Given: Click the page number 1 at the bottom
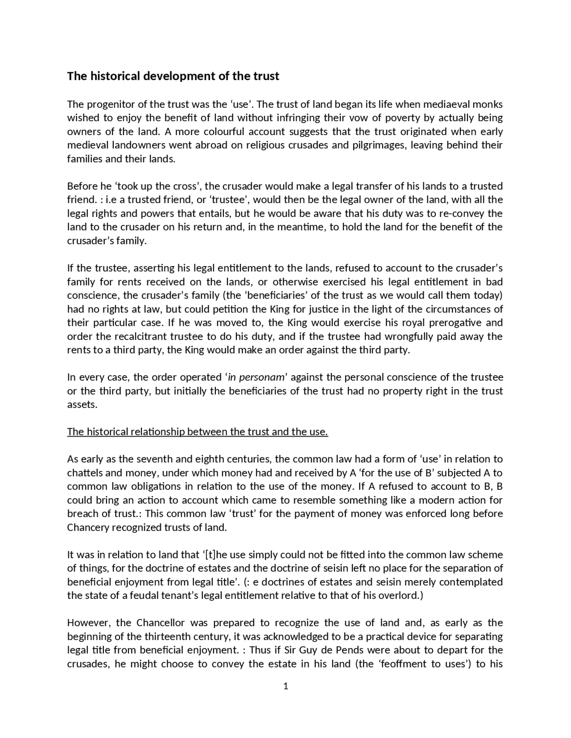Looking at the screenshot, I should (285, 686).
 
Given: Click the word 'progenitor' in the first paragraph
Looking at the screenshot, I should (108, 104).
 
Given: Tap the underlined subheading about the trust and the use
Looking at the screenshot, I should (198, 432).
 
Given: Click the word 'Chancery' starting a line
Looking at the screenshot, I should (87, 528).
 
